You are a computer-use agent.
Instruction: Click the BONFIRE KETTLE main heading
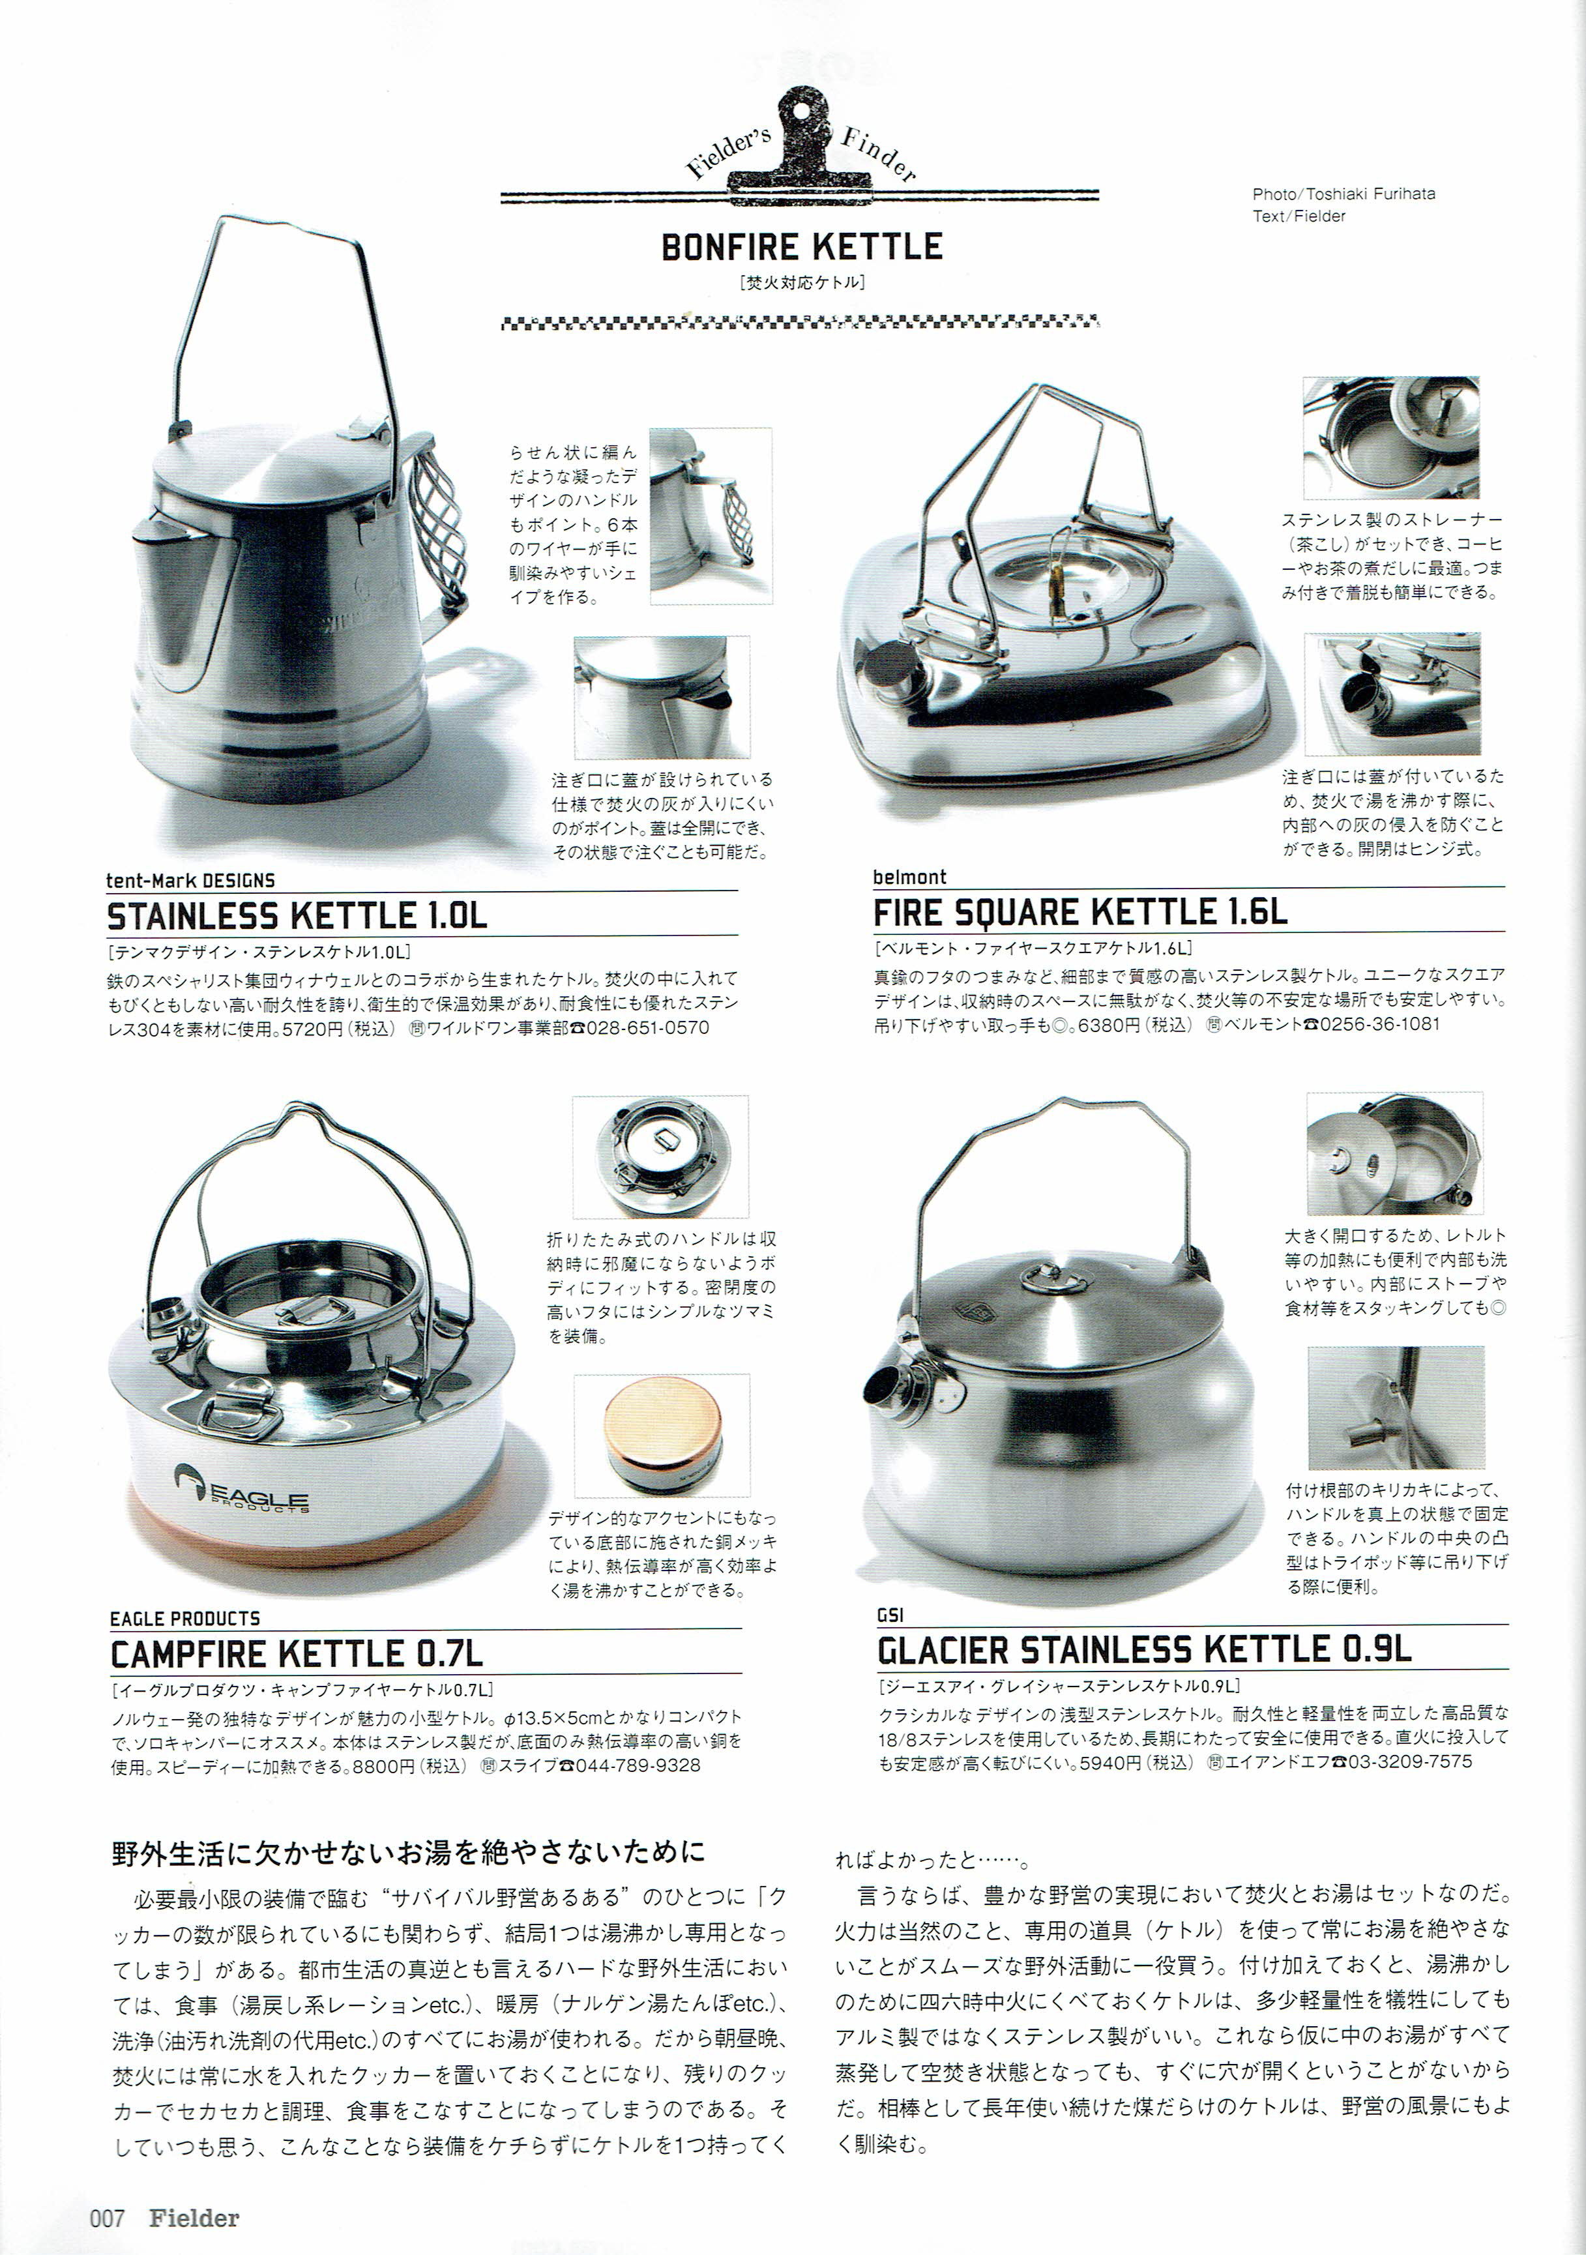801,246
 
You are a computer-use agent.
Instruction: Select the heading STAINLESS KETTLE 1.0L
297,915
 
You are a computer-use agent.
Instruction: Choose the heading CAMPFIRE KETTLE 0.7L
297,1654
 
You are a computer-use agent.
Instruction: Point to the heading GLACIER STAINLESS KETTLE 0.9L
1144,1650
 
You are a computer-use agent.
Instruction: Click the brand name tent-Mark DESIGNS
190,880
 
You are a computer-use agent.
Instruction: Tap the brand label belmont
909,877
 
